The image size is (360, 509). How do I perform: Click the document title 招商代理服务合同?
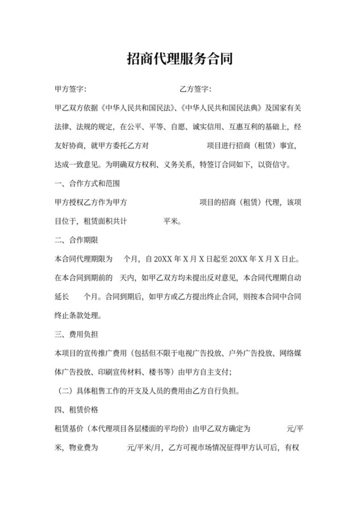click(179, 60)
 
